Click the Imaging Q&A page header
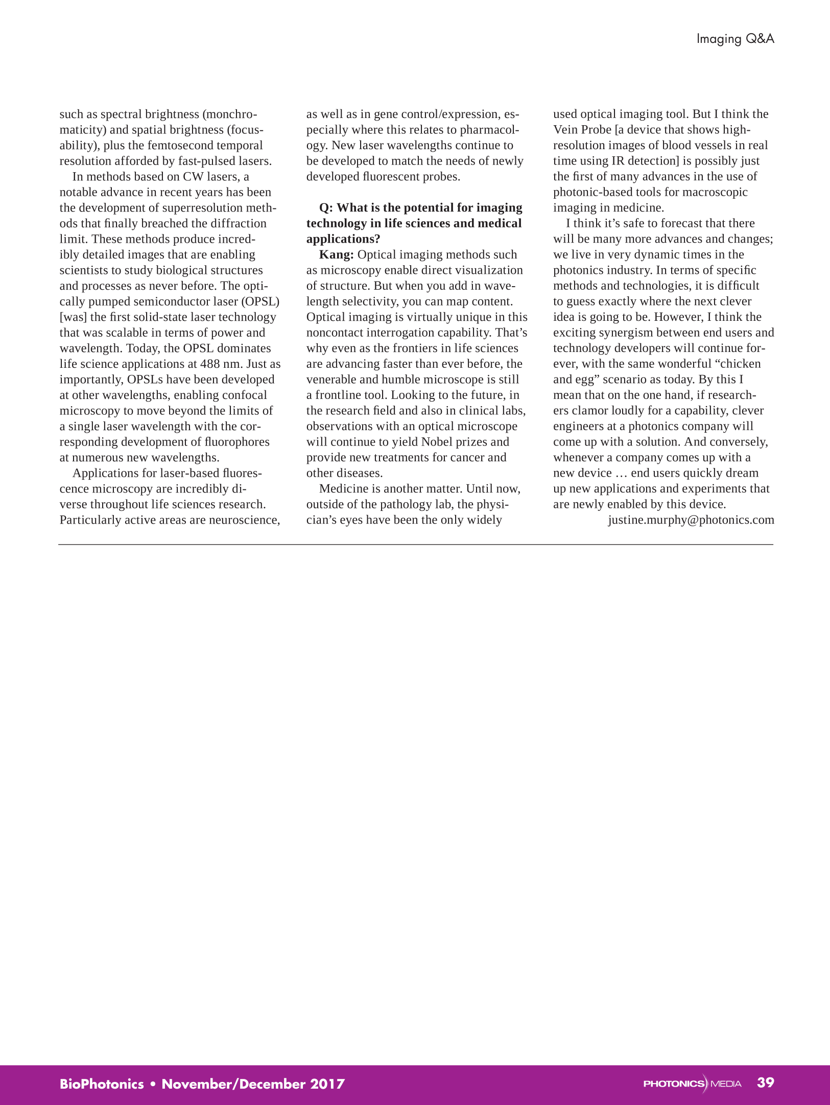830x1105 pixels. pos(735,39)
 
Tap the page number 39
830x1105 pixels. pos(765,1082)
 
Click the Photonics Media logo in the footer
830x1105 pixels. pos(692,1084)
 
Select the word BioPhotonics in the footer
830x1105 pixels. pos(102,1084)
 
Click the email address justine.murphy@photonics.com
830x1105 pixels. pos(691,520)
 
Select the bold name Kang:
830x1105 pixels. pos(336,254)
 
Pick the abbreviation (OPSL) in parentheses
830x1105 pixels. pos(263,301)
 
